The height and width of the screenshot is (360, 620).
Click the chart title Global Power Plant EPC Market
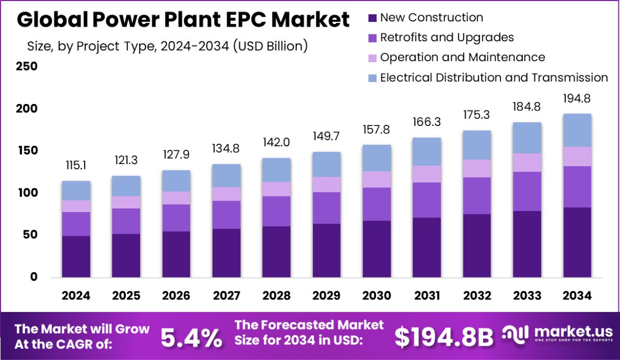pyautogui.click(x=183, y=20)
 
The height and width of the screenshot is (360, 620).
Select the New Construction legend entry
pyautogui.click(x=431, y=17)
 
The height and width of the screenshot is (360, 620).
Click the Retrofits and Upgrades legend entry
pyautogui.click(x=447, y=37)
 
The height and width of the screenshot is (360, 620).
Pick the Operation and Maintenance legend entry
pyautogui.click(x=462, y=57)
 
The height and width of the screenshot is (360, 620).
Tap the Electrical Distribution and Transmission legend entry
pyautogui.click(x=494, y=77)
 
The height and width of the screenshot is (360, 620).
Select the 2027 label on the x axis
pyautogui.click(x=226, y=296)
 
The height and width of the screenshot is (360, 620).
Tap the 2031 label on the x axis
pyautogui.click(x=427, y=296)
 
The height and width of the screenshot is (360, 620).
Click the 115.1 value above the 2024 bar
pyautogui.click(x=76, y=166)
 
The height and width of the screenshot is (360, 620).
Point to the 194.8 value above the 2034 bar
pyautogui.click(x=577, y=98)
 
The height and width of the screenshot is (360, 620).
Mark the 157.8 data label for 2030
pyautogui.click(x=377, y=129)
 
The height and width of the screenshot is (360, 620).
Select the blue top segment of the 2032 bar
pyautogui.click(x=477, y=145)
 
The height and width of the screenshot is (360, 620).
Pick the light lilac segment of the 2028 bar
pyautogui.click(x=276, y=189)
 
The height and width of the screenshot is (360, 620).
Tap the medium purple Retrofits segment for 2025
pyautogui.click(x=126, y=221)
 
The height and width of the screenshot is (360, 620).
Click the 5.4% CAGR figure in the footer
pyautogui.click(x=191, y=338)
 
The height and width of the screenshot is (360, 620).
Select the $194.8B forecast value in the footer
pyautogui.click(x=443, y=338)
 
